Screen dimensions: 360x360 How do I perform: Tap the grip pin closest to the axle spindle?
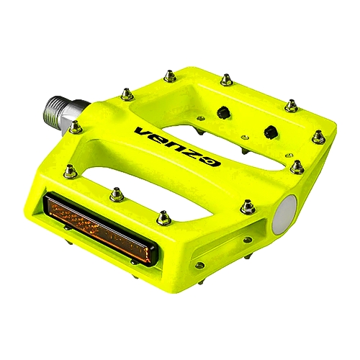(74, 127)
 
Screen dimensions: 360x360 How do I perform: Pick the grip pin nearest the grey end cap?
(248, 207)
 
